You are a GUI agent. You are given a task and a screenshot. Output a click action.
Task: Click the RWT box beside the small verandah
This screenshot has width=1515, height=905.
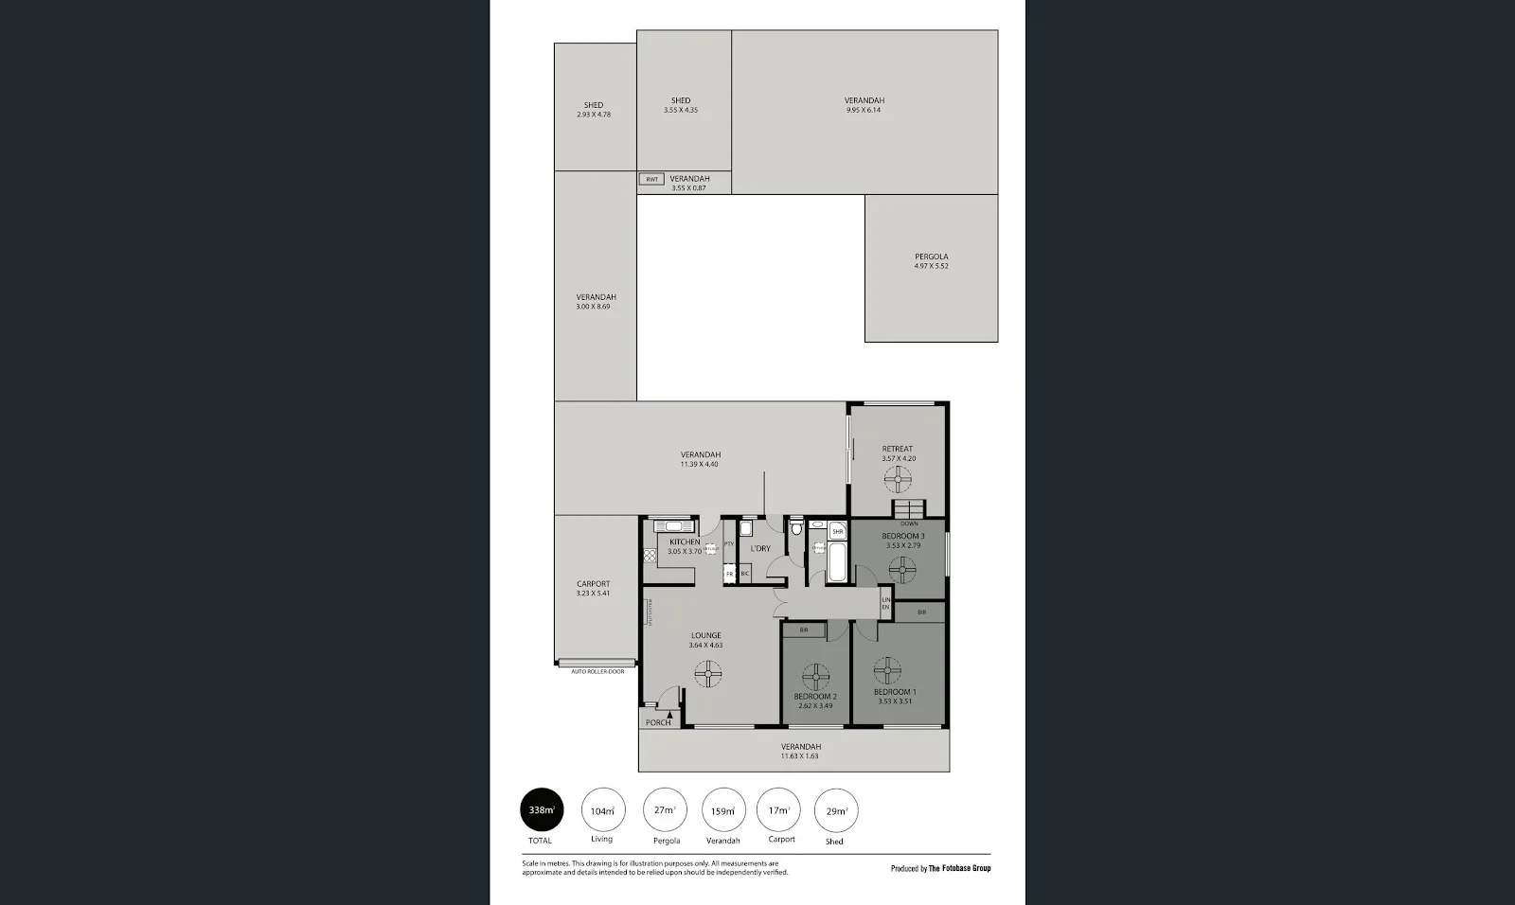(x=651, y=179)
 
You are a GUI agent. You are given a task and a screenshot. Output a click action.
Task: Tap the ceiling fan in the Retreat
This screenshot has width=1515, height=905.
(x=897, y=481)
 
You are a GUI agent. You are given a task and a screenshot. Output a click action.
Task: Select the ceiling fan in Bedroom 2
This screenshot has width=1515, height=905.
(x=815, y=677)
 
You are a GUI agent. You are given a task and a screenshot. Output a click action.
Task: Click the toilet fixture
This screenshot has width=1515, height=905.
(x=796, y=526)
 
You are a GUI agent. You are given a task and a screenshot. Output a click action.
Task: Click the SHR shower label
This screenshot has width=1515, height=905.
(x=838, y=532)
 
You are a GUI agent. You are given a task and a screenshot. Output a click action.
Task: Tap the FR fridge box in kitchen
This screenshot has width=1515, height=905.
(x=729, y=574)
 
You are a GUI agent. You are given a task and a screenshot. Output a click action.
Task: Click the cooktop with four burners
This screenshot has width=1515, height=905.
(x=650, y=558)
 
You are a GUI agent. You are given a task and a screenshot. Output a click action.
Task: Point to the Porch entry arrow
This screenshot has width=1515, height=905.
(x=670, y=717)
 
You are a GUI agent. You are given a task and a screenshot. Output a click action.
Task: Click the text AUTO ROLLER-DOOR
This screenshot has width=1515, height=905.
(x=597, y=671)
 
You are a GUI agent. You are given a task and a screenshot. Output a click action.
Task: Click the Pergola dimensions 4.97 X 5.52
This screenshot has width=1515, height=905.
(x=931, y=266)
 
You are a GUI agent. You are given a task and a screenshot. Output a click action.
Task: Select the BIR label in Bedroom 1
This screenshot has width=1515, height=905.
(x=921, y=612)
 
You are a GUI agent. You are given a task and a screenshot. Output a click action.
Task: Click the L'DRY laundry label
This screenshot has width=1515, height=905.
(x=760, y=548)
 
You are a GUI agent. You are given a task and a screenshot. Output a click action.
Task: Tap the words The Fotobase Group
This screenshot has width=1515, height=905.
(x=958, y=868)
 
